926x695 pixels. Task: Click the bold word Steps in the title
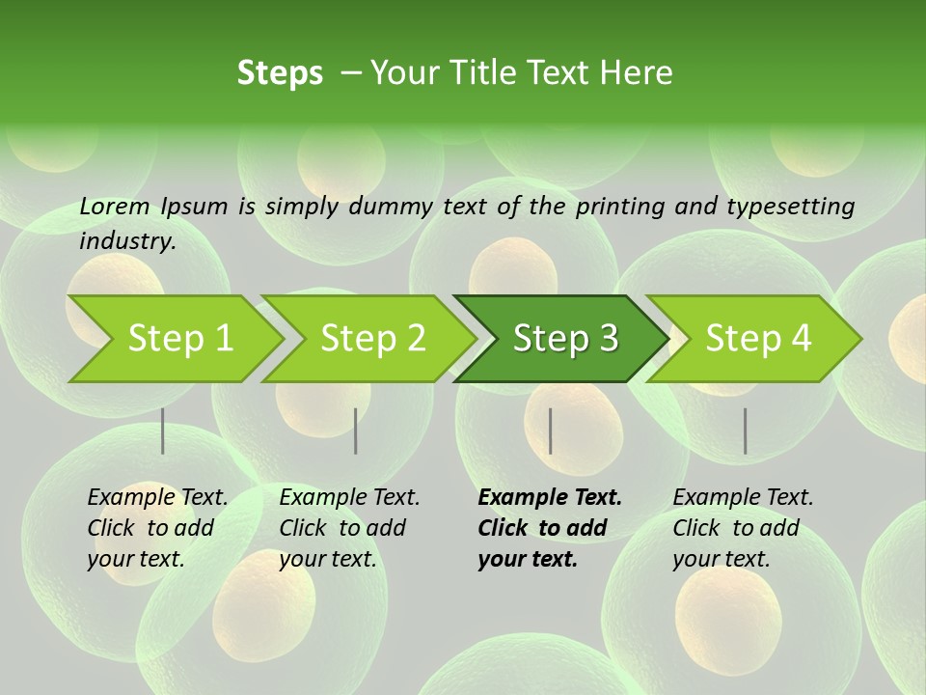coord(280,73)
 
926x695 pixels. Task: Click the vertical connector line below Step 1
coord(163,431)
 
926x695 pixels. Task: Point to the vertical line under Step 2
coord(356,431)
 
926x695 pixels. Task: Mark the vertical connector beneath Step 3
coord(551,431)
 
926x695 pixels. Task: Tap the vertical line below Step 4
coord(746,431)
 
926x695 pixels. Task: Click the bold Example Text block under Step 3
coord(549,528)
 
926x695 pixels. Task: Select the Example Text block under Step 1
coord(157,528)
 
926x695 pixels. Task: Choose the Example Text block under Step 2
coord(349,528)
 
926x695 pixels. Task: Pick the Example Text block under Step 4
coord(743,528)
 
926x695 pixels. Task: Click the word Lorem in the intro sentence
coord(115,206)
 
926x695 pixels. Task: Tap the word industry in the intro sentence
coord(126,241)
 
